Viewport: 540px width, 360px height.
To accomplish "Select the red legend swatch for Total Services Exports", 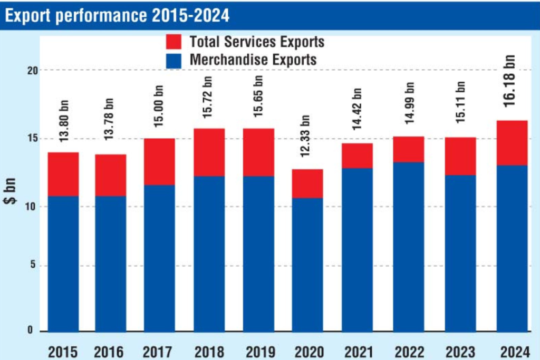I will pos(173,42).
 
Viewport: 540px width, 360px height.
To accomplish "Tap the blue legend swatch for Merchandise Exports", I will pos(173,60).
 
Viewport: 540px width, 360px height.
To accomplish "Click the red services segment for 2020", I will pos(307,183).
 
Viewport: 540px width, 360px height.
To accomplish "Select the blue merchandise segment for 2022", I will pos(409,247).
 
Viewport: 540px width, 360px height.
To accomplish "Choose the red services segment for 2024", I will pos(512,143).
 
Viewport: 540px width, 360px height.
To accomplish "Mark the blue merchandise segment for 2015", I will pos(63,264).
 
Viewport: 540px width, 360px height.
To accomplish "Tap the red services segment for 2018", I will pos(209,152).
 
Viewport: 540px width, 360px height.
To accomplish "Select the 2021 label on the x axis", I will pos(358,351).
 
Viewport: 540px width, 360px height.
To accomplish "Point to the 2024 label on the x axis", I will pos(512,351).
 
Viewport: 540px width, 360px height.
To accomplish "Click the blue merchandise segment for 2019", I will pos(258,254).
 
